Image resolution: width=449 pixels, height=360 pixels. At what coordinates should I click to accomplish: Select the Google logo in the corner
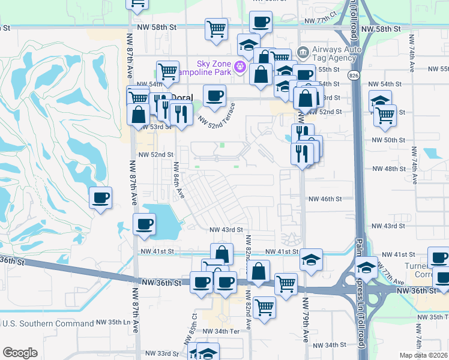point(20,353)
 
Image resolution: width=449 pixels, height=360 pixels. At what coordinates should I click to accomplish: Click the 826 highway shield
point(353,73)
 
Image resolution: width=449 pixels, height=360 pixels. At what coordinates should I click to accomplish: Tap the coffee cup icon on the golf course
point(101,197)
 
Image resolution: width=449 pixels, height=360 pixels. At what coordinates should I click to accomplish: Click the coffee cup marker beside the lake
point(143,225)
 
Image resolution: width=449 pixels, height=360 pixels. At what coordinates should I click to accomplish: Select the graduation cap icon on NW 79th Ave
point(311,260)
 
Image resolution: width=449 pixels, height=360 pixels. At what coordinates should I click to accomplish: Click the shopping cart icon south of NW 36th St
point(264,307)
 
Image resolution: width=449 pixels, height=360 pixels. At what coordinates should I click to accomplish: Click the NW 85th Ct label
point(194,324)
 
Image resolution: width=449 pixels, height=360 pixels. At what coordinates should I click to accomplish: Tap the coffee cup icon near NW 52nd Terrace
point(214,95)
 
